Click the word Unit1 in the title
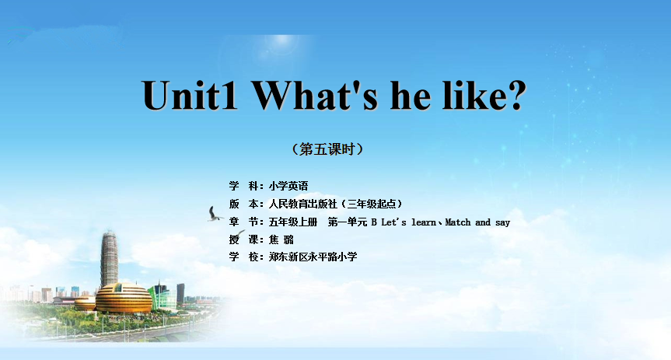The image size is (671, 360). [x=190, y=96]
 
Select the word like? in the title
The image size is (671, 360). [x=484, y=95]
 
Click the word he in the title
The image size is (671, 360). [x=411, y=95]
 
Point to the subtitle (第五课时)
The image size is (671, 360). [x=328, y=149]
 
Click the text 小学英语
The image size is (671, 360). [x=288, y=186]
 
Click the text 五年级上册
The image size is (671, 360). [x=293, y=222]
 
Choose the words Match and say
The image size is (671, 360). [x=477, y=222]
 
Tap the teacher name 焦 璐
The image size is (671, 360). [x=281, y=239]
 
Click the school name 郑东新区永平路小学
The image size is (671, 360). [x=313, y=257]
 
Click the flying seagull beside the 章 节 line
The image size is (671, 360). [x=214, y=214]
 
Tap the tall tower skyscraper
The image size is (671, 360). [x=109, y=259]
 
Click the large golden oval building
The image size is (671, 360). [x=124, y=298]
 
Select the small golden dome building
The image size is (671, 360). [x=86, y=303]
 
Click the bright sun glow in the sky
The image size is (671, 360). [x=281, y=40]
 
